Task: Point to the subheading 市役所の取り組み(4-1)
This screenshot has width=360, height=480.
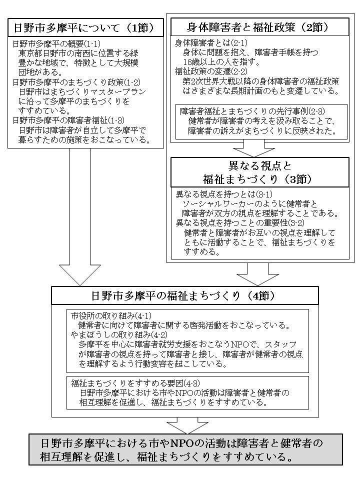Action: (x=106, y=316)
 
